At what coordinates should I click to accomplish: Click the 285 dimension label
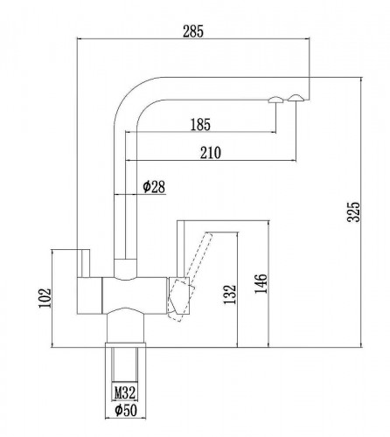pos(192,31)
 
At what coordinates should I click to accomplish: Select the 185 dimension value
pos(200,124)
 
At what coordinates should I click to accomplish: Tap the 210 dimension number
pos(211,153)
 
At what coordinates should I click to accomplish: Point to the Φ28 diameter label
pos(154,187)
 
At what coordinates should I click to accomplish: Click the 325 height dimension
pos(354,212)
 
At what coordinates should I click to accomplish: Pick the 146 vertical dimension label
pos(261,284)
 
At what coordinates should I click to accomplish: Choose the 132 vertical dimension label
pos(230,295)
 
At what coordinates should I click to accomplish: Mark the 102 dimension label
pos(45,298)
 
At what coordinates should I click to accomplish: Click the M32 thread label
pos(125,392)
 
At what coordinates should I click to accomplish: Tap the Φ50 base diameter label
pos(126,411)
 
